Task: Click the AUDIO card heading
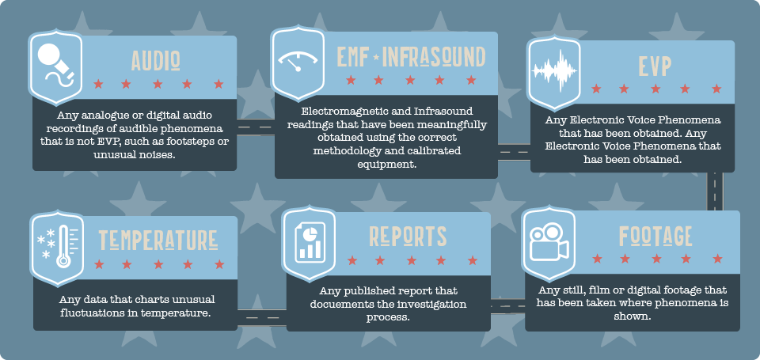click(156, 61)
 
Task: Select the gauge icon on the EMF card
click(298, 62)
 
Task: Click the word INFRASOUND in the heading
click(434, 57)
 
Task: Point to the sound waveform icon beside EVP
click(554, 70)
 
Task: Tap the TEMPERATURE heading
click(158, 240)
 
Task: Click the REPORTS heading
click(408, 236)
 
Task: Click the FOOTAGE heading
click(655, 236)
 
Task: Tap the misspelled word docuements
click(340, 305)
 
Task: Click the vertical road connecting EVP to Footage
click(715, 191)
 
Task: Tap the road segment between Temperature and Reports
click(262, 317)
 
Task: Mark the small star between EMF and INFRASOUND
click(376, 58)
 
